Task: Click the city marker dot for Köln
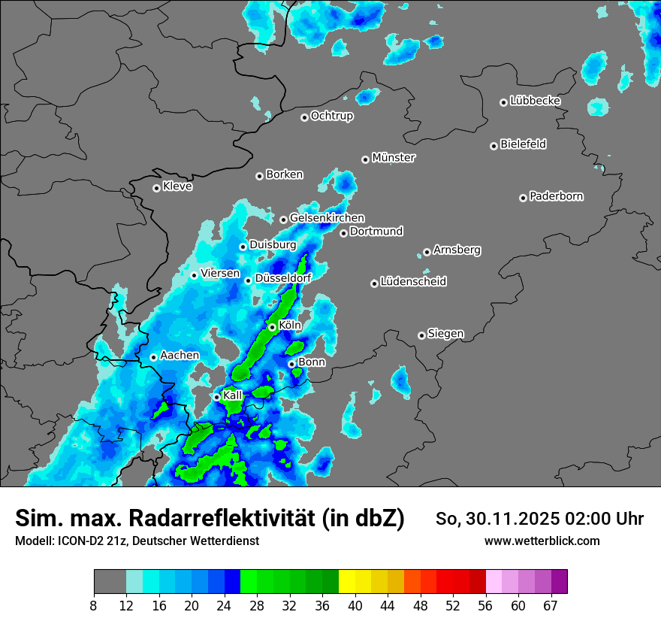pyautogui.click(x=272, y=327)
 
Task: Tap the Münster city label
pyautogui.click(x=394, y=158)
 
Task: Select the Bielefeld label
pyautogui.click(x=524, y=144)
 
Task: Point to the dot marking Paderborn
pyautogui.click(x=523, y=198)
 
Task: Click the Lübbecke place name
pyautogui.click(x=535, y=101)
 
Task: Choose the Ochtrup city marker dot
pyautogui.click(x=304, y=117)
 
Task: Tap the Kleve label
pyautogui.click(x=178, y=186)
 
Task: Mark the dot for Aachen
pyautogui.click(x=153, y=357)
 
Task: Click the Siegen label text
pyautogui.click(x=445, y=334)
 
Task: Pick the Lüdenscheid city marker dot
pyautogui.click(x=374, y=283)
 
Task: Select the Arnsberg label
pyautogui.click(x=457, y=250)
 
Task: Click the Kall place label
pyautogui.click(x=233, y=395)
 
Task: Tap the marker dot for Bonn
pyautogui.click(x=291, y=364)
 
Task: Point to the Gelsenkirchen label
pyautogui.click(x=327, y=218)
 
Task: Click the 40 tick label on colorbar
pyautogui.click(x=355, y=605)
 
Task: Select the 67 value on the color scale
pyautogui.click(x=551, y=605)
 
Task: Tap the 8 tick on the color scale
pyautogui.click(x=94, y=605)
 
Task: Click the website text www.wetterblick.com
pyautogui.click(x=542, y=541)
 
